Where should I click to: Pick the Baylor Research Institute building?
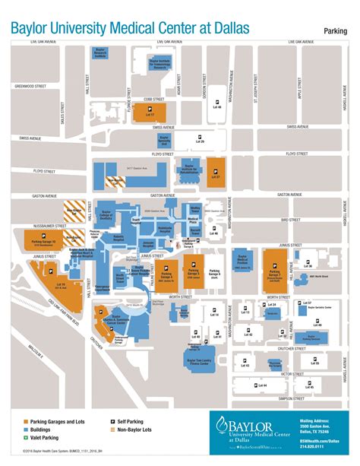pos(99,55)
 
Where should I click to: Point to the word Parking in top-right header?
pos(334,30)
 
